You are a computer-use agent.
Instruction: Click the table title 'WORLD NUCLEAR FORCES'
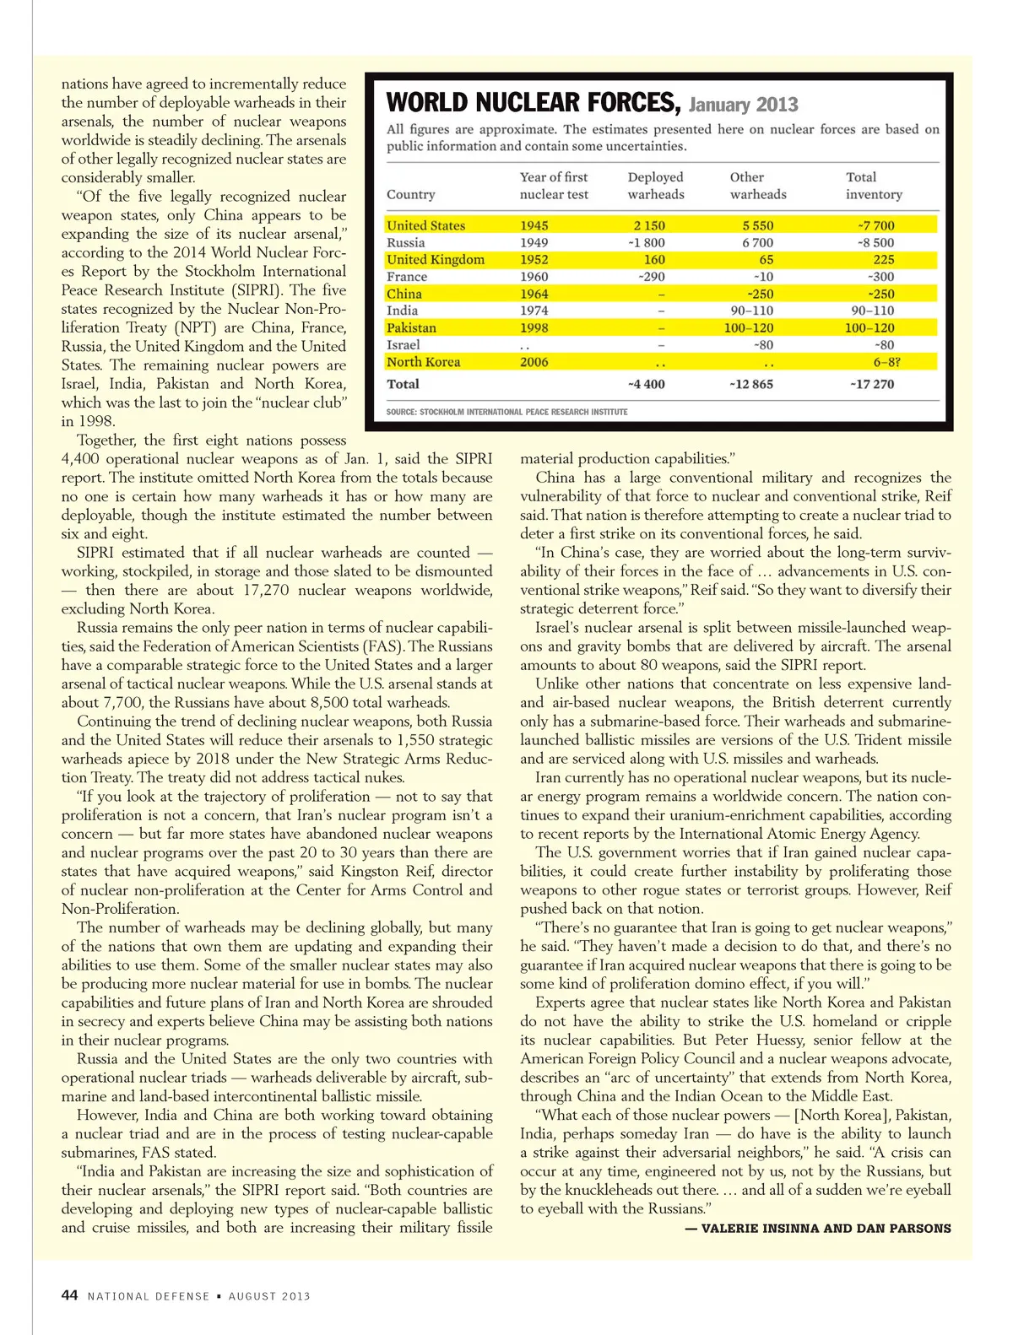coord(533,103)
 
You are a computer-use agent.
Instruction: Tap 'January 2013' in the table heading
coord(743,105)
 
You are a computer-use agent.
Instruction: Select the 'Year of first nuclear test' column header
coord(554,186)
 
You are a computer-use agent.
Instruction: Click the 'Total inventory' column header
coord(874,186)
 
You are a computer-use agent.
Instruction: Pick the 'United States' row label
coord(426,225)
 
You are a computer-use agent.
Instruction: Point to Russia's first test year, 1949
coord(534,243)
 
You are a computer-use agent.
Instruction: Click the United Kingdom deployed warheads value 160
coord(654,260)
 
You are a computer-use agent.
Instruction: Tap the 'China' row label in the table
coord(404,294)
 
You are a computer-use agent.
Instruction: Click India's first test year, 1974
coord(534,311)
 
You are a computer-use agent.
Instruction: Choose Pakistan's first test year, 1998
coord(534,327)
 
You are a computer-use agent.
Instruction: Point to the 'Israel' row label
coord(404,344)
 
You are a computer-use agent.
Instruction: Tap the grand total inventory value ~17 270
coord(872,384)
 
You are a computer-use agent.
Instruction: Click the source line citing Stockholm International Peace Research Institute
coord(506,412)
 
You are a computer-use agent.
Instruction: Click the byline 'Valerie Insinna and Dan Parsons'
coord(818,1229)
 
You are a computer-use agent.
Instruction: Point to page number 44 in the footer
coord(70,1295)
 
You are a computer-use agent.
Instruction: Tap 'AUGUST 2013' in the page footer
coord(269,1296)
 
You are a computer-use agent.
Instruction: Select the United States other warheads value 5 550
coord(757,225)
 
